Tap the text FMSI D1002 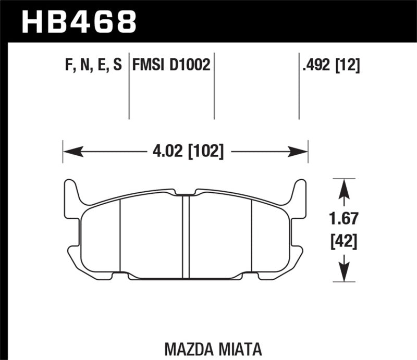pyautogui.click(x=171, y=65)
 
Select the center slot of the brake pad pyautogui.click(x=185, y=234)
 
